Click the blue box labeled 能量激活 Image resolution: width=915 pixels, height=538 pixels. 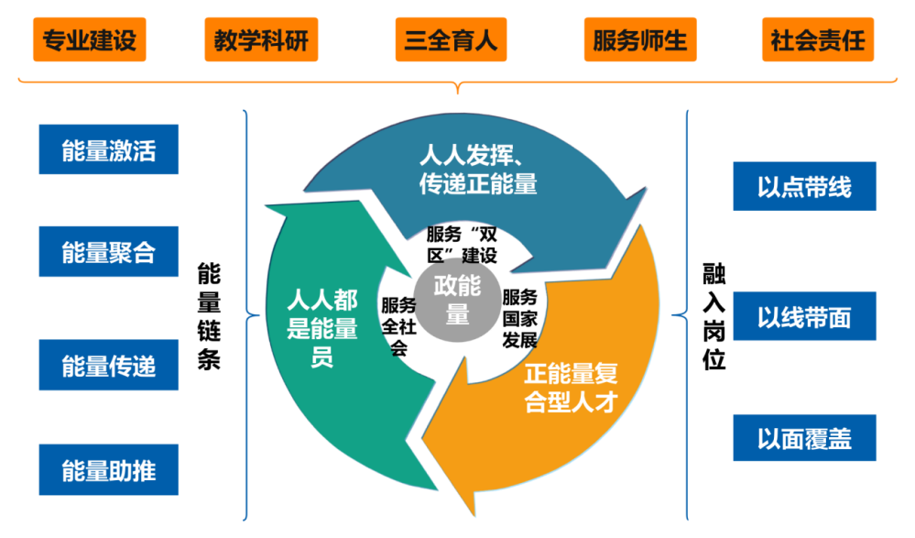click(109, 149)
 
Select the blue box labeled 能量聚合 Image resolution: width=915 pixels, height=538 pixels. click(109, 252)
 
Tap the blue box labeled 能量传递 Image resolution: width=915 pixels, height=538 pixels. click(109, 366)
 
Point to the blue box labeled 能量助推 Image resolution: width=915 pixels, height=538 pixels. click(109, 470)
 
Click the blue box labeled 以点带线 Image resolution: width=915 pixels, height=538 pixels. click(804, 187)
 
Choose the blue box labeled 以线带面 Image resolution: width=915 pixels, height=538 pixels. click(804, 316)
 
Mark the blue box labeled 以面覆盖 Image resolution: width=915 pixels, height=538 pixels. click(804, 438)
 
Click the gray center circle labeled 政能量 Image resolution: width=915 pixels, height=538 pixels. click(457, 299)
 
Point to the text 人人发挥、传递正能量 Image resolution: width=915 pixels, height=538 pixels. click(478, 168)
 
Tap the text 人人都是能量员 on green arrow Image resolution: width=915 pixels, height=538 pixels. click(322, 328)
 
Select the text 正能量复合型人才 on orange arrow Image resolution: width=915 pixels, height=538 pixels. click(572, 388)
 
